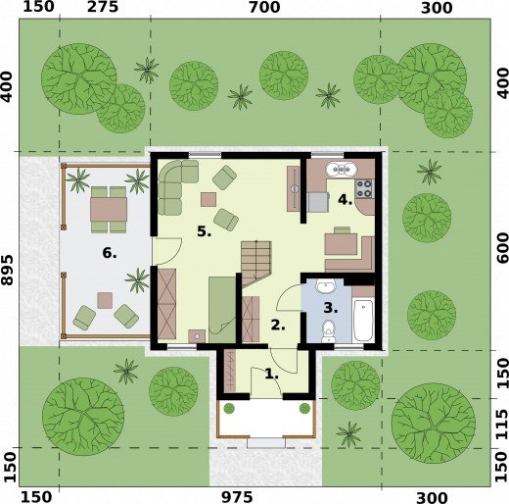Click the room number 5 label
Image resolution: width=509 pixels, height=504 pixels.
(204, 231)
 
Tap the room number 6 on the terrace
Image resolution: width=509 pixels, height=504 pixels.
(110, 253)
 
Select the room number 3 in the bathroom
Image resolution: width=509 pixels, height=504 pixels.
(331, 308)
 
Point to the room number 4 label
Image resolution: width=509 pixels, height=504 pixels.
(345, 199)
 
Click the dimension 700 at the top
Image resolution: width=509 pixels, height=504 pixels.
(264, 7)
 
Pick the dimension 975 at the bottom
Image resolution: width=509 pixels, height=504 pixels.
(237, 497)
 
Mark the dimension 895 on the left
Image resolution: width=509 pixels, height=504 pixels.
(7, 270)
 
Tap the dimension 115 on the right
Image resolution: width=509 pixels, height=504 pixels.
(502, 424)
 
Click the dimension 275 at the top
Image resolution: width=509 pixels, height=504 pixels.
(103, 7)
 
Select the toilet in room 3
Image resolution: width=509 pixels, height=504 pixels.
(328, 331)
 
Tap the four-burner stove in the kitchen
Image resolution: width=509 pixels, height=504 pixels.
(364, 188)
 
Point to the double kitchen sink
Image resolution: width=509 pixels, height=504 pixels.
(342, 170)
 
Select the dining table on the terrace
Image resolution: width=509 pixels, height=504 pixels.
(109, 209)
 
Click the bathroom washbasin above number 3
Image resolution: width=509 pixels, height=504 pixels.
(325, 286)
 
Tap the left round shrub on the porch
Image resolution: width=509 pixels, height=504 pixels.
(229, 408)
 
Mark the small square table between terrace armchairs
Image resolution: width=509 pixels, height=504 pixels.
(105, 300)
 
